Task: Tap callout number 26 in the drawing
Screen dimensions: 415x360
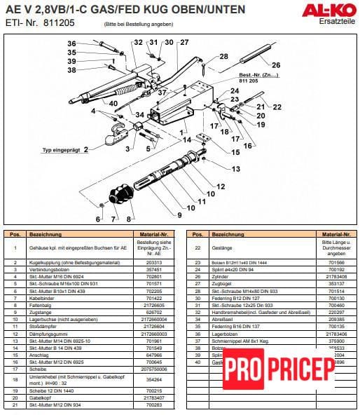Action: tap(275, 64)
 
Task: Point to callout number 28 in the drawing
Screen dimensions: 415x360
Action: tap(223, 56)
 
